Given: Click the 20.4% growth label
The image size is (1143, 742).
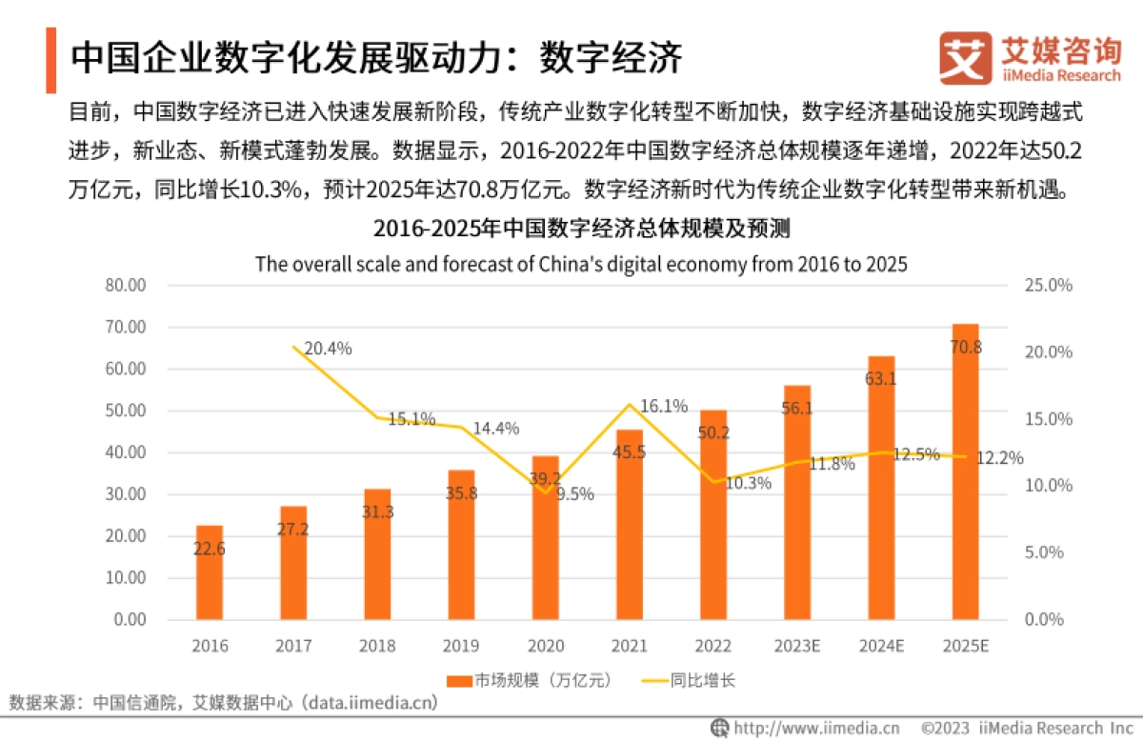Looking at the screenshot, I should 328,349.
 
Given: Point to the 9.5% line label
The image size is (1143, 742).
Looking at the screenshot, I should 574,493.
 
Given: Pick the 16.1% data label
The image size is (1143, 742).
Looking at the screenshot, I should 664,407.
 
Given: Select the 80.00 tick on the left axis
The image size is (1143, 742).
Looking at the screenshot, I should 126,285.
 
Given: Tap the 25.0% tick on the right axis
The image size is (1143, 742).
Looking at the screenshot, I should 1049,285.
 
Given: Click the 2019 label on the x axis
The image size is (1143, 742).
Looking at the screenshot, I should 462,646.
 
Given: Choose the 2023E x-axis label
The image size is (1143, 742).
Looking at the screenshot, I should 797,646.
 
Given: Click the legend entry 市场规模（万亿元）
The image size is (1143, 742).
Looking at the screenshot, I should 528,680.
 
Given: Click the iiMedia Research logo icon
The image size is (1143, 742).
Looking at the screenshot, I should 964,59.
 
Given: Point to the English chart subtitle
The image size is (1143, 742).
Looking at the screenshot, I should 581,264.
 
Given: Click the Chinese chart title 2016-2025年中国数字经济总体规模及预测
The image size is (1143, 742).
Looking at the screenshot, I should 581,230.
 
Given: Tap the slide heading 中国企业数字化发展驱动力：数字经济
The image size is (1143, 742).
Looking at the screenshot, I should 376,57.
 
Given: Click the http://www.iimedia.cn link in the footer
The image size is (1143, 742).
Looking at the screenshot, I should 815,728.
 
